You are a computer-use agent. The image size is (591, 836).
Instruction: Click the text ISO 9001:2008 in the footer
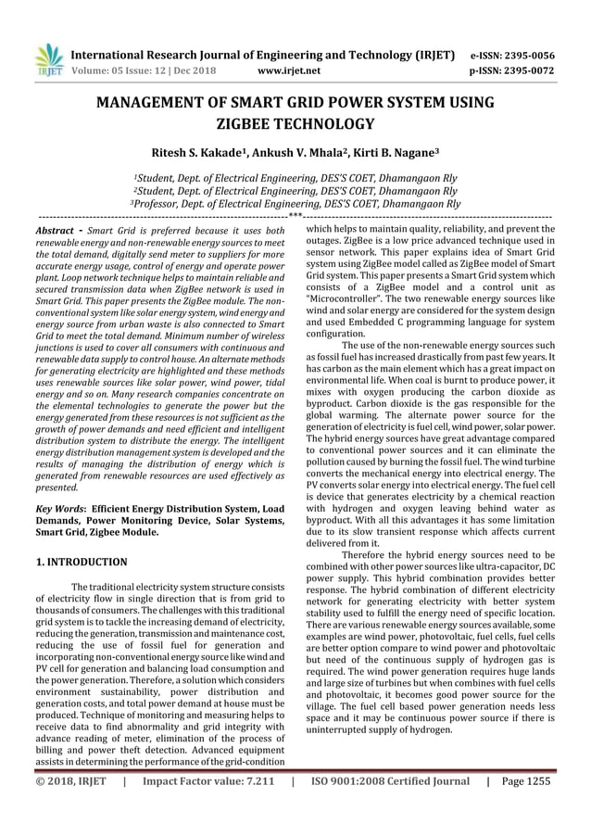(351, 807)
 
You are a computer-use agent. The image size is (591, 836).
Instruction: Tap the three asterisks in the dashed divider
(295, 216)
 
